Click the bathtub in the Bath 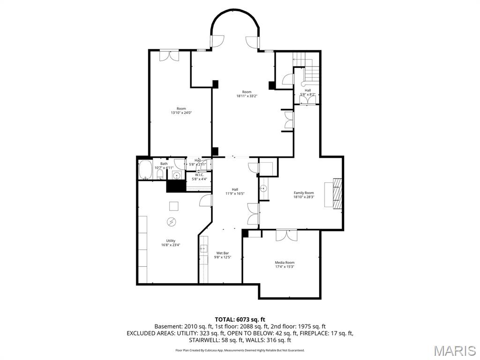click(144, 170)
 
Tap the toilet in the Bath click(160, 175)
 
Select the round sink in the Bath click(177, 176)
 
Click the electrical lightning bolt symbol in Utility click(171, 221)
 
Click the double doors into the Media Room click(286, 234)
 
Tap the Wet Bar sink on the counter click(203, 249)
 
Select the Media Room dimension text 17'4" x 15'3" click(285, 267)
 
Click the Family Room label click(304, 193)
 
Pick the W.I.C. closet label click(199, 174)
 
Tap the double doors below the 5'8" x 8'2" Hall click(310, 99)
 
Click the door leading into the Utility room click(205, 201)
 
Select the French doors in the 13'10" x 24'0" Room click(169, 55)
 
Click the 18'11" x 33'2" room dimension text click(247, 96)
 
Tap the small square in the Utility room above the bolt click(173, 206)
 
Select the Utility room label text click(171, 240)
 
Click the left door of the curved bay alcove click(217, 42)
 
